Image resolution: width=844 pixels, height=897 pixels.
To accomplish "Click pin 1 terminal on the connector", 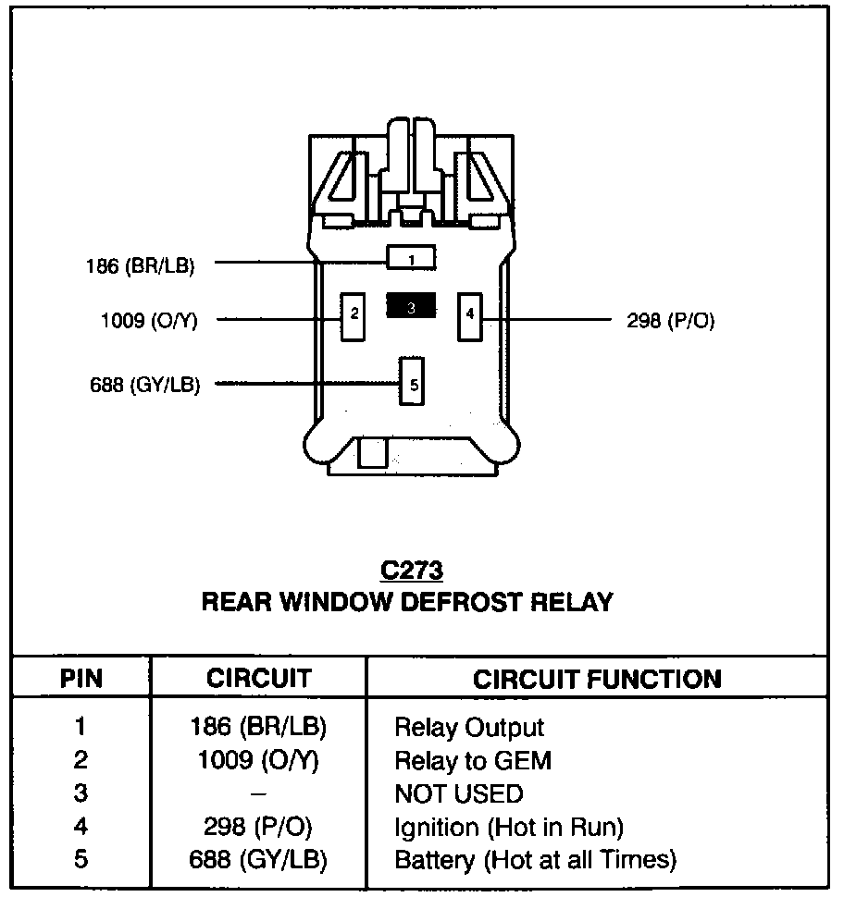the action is click(411, 258).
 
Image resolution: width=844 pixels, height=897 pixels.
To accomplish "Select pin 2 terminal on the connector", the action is click(353, 317).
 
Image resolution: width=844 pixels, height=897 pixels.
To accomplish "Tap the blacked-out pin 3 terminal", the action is click(411, 305).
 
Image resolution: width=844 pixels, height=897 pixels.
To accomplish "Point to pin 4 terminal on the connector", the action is click(469, 316).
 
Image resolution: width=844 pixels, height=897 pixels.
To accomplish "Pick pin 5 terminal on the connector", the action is click(412, 381).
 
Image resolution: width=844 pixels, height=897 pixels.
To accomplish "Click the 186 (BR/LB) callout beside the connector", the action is click(141, 266).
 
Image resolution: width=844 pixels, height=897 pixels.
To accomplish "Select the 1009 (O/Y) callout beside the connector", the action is click(149, 320).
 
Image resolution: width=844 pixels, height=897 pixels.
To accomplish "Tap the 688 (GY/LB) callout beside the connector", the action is click(145, 385).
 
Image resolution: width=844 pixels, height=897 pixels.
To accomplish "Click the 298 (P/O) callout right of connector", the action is click(671, 320).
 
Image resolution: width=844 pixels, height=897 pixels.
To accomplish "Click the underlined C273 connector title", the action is click(412, 571).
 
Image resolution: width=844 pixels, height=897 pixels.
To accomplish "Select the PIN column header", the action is click(81, 679).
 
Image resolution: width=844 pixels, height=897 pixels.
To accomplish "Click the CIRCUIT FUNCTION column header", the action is click(597, 679).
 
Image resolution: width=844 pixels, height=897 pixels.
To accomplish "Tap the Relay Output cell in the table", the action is click(469, 728).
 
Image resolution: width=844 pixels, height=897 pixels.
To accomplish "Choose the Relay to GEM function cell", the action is click(473, 761).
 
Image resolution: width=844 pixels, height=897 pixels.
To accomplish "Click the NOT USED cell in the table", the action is click(459, 794).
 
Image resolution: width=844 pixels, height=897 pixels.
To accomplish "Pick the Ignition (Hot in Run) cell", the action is click(509, 828).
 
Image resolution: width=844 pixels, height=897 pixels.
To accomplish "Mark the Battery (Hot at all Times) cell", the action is click(536, 860).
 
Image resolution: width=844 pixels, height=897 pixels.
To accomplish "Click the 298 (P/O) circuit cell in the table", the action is click(258, 827).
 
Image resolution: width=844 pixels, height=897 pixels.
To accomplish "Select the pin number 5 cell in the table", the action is click(81, 859).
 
